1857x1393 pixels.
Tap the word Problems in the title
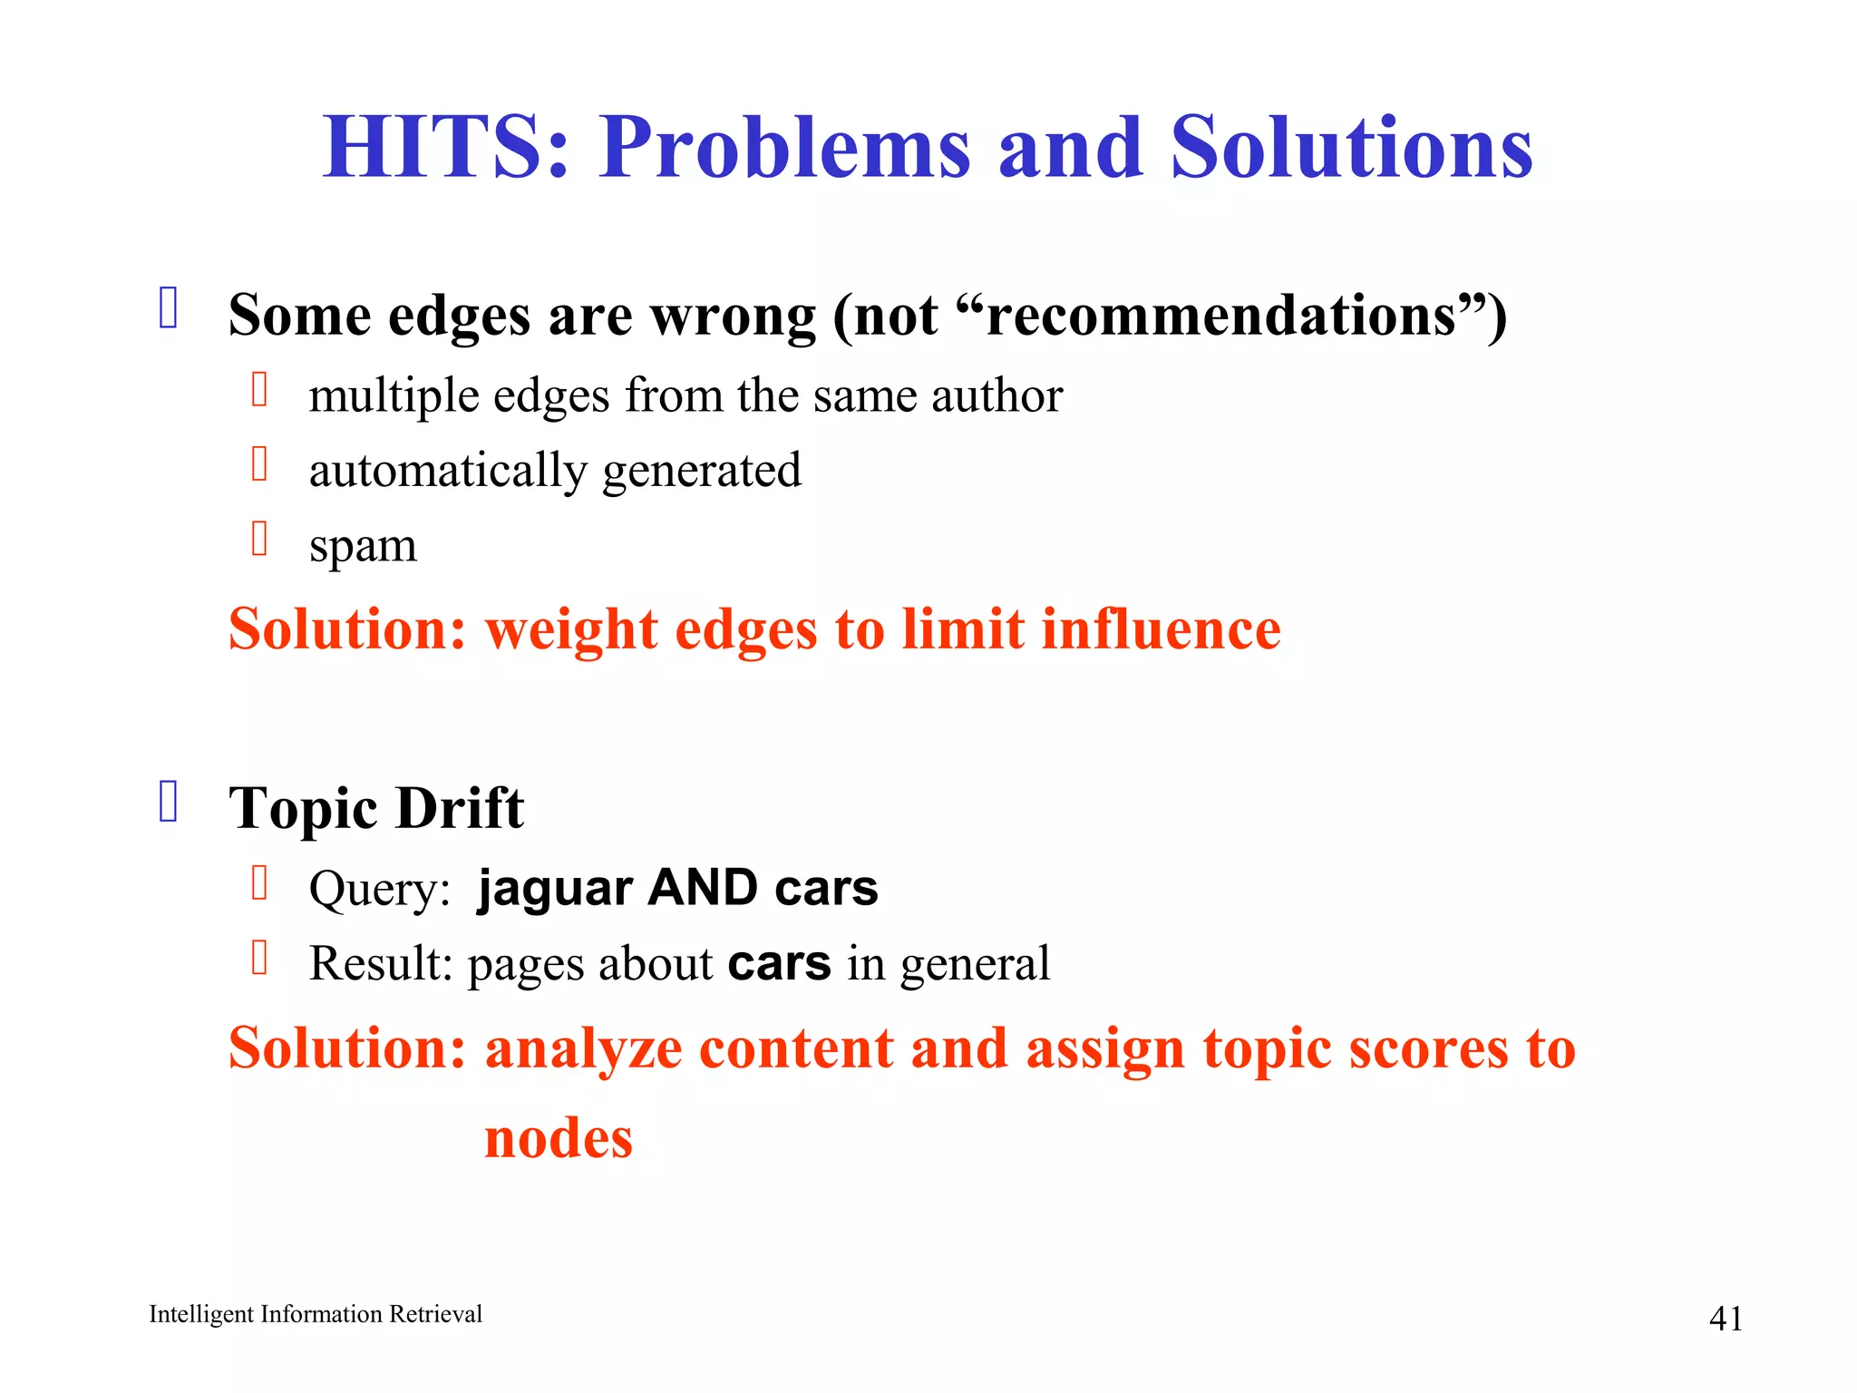point(784,148)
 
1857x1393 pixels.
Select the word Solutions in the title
point(1351,148)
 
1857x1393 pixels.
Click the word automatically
point(448,472)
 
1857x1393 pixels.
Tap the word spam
point(363,547)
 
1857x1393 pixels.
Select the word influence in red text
point(1161,628)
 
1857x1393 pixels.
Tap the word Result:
point(381,963)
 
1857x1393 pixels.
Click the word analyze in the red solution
point(583,1049)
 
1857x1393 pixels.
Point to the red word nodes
point(559,1138)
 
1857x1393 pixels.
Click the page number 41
point(1725,1319)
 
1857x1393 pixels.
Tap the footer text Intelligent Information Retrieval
point(316,1314)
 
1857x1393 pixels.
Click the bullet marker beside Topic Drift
point(169,802)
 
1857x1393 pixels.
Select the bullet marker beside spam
point(259,539)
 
